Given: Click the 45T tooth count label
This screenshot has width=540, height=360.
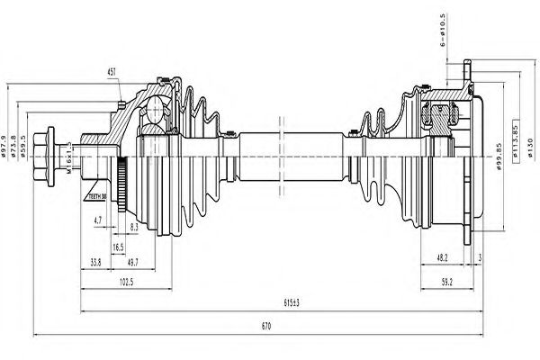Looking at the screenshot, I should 112,71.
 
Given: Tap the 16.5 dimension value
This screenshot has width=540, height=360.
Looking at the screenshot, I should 118,245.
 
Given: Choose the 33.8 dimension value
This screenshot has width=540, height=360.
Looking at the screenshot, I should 95,262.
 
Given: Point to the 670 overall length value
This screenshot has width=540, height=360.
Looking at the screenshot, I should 265,326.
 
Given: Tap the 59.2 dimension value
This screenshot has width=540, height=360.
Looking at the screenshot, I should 445,283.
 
